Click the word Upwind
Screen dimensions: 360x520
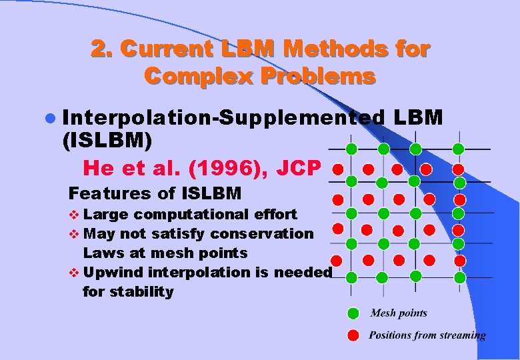click(x=113, y=272)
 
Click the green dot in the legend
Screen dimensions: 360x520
click(x=353, y=313)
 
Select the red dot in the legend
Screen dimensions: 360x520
click(x=353, y=335)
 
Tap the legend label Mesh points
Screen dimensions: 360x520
click(x=399, y=313)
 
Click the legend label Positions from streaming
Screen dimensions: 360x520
click(x=427, y=335)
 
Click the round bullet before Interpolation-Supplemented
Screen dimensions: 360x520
click(x=51, y=119)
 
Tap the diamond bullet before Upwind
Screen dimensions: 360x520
click(x=73, y=273)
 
